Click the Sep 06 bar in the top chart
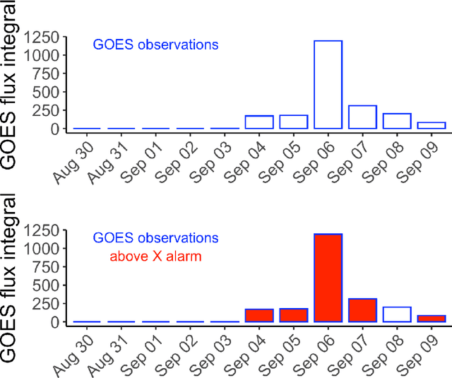point(328,85)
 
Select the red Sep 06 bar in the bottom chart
point(328,278)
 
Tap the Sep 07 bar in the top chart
point(363,117)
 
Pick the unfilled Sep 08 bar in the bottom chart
point(397,314)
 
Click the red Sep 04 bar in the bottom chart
point(259,315)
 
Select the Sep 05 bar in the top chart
point(294,122)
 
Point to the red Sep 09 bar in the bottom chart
point(432,319)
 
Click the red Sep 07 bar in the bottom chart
point(363,310)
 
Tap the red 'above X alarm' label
point(155,256)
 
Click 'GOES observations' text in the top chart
point(155,45)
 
